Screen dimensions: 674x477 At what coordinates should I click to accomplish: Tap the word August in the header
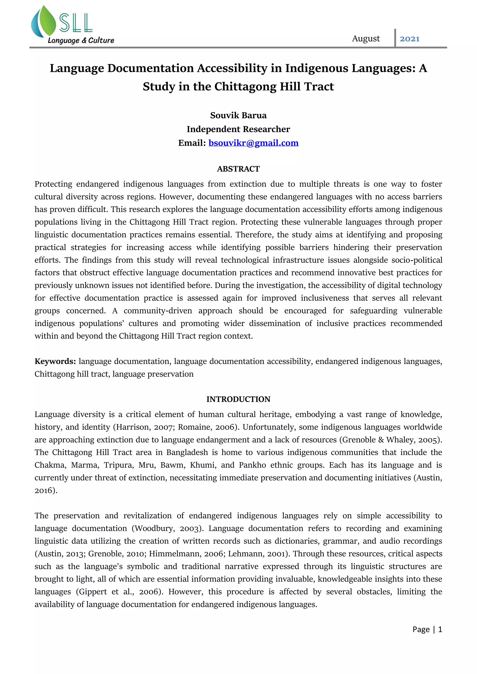coord(366,39)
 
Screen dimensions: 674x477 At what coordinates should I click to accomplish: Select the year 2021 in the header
coord(409,39)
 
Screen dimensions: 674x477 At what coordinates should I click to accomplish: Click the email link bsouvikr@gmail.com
coord(253,143)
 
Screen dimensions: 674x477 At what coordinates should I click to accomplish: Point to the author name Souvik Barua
coord(238,115)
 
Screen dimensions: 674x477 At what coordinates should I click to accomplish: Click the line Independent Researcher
coord(238,129)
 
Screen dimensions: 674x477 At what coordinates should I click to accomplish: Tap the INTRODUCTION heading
coord(238,399)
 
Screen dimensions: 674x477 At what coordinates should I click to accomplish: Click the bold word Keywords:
coord(55,361)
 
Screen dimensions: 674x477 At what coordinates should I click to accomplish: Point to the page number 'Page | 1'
coord(427,629)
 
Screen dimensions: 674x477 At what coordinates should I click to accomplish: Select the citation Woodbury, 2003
coord(167,528)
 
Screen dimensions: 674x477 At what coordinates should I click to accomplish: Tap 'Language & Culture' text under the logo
coord(81,40)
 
